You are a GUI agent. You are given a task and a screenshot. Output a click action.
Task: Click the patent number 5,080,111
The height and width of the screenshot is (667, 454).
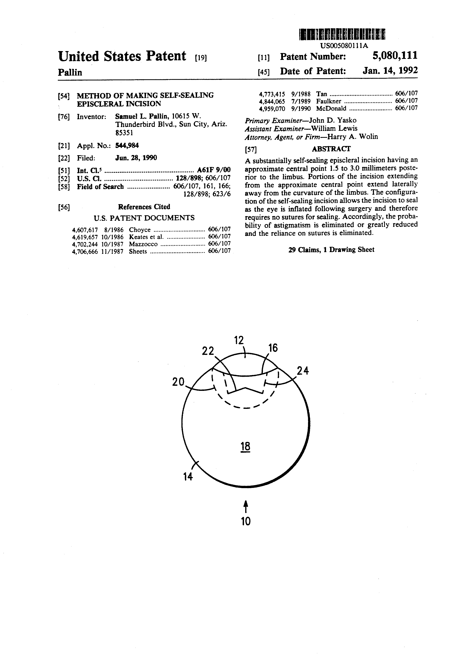tap(395, 56)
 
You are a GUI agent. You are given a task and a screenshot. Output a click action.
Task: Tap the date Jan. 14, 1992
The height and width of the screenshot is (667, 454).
tap(390, 71)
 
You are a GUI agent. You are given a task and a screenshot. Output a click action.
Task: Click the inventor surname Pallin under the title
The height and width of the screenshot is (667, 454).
tap(70, 72)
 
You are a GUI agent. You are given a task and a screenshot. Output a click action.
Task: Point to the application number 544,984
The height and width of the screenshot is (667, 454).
tap(127, 145)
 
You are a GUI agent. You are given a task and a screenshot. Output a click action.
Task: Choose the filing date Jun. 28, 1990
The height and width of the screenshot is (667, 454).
tap(136, 158)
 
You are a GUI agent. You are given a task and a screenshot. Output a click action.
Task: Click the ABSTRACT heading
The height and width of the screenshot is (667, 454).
tap(331, 149)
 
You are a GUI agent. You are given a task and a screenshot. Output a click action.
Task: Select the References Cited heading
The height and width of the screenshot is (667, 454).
tap(144, 207)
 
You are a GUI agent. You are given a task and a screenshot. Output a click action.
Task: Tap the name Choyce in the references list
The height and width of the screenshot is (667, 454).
tap(140, 230)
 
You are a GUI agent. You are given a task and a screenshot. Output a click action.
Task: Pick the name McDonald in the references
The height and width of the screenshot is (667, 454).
tap(331, 108)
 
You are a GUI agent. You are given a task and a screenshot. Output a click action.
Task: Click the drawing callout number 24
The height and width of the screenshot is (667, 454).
tap(303, 371)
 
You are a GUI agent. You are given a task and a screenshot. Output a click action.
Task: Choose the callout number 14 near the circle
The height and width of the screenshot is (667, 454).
tap(188, 477)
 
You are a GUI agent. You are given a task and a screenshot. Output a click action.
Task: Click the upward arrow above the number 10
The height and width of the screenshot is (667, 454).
tap(246, 506)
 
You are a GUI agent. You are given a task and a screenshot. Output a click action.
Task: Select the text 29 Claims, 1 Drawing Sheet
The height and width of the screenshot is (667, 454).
tap(331, 250)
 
